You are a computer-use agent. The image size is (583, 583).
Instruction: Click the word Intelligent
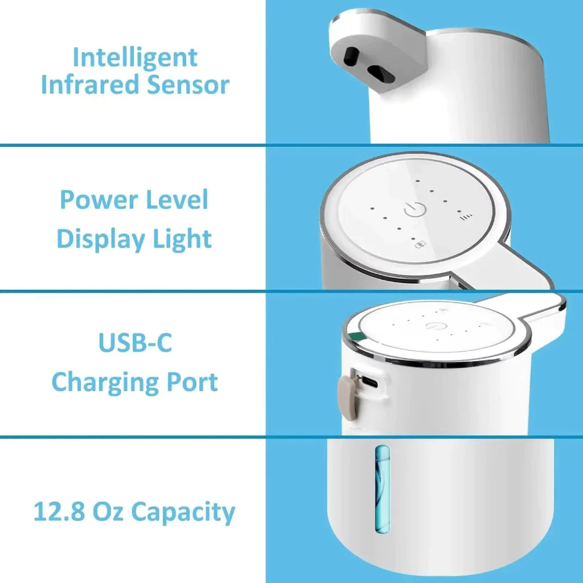point(135,58)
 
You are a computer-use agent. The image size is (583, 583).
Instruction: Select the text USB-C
point(135,343)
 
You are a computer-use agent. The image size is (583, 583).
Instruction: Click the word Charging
point(104,382)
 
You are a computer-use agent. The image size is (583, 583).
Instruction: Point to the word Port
point(191,382)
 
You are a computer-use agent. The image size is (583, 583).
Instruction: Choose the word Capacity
point(183,512)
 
